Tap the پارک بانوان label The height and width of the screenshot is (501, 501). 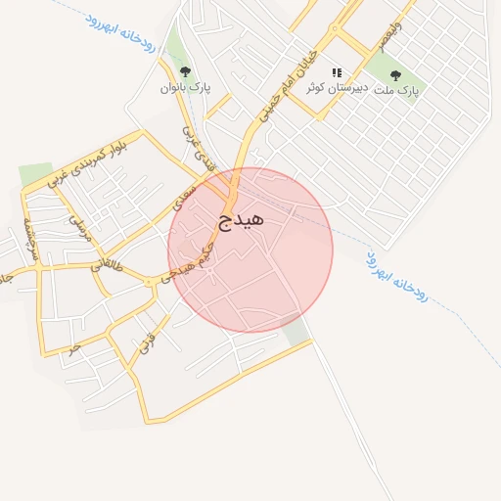[185, 87]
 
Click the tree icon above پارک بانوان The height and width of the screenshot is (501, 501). [185, 70]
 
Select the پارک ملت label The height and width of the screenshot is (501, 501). [395, 89]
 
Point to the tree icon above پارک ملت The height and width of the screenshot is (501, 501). [395, 73]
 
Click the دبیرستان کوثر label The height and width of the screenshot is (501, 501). [337, 88]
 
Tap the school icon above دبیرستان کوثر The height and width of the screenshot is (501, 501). [337, 72]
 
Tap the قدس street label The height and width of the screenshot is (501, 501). [146, 342]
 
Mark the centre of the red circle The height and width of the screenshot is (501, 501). [250, 250]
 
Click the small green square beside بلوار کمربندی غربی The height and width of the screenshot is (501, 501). [35, 174]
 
